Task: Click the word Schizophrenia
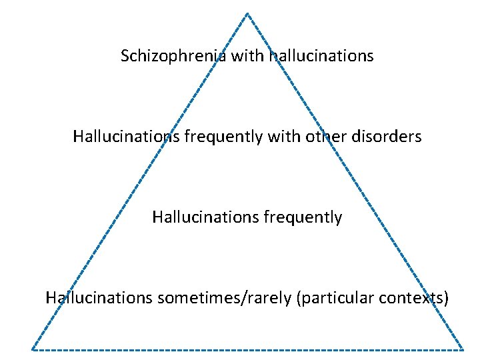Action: coord(174,56)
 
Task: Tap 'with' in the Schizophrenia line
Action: coord(248,56)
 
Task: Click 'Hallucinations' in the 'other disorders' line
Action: coord(126,137)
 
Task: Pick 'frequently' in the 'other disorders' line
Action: coord(223,137)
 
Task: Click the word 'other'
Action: coord(325,137)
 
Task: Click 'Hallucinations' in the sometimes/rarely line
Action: coord(99,297)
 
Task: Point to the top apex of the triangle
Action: coord(247,13)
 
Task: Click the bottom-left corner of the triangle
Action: coord(33,349)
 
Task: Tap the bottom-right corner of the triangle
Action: coord(463,349)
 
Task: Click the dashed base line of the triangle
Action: coord(247,349)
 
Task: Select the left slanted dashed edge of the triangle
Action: coord(140,181)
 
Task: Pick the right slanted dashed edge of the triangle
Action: coord(355,181)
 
